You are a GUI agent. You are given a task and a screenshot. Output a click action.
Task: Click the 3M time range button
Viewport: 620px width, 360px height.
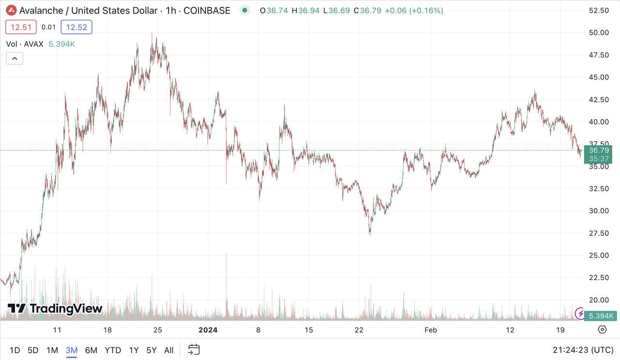[x=72, y=350]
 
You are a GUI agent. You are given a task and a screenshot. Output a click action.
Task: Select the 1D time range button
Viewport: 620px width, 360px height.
[x=15, y=350]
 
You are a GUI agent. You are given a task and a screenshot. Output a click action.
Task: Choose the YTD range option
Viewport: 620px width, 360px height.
[x=112, y=350]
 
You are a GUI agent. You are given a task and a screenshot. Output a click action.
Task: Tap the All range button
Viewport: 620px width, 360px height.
[x=169, y=350]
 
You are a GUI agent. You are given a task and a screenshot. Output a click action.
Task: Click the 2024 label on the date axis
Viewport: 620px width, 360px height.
[x=208, y=330]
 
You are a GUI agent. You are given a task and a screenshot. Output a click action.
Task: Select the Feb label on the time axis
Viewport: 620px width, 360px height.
[x=430, y=330]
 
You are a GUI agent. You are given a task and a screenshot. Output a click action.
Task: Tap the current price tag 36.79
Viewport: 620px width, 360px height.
[x=599, y=150]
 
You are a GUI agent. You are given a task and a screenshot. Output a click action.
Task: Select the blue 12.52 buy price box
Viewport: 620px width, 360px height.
[x=77, y=27]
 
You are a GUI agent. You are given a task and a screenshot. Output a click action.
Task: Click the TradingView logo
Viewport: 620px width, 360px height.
[x=55, y=308]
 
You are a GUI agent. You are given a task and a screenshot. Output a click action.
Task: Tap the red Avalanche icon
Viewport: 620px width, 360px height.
[x=11, y=10]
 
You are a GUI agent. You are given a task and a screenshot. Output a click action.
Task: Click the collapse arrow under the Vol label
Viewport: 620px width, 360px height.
[x=15, y=59]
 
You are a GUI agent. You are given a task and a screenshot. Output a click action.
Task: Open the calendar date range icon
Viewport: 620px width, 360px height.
[x=194, y=349]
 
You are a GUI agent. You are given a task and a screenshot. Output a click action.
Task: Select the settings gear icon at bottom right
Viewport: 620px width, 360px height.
[x=602, y=330]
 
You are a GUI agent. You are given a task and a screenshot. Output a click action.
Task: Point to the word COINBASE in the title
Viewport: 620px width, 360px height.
[x=207, y=10]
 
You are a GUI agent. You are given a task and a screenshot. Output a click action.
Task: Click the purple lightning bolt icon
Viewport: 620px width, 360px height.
[x=579, y=313]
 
